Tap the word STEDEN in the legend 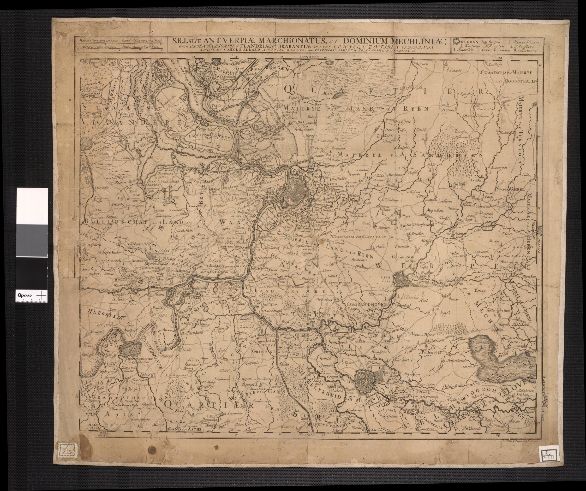tap(471, 42)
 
